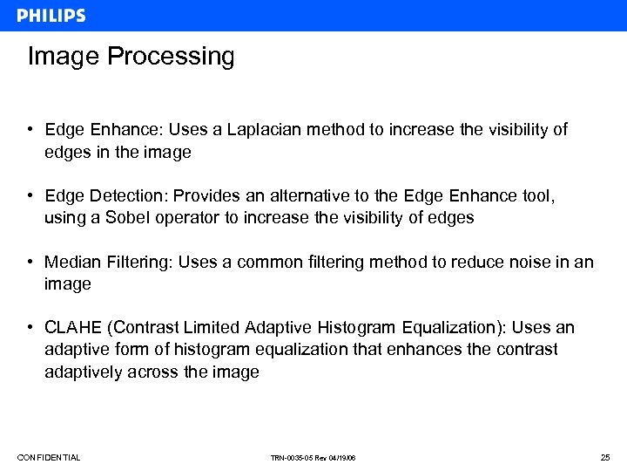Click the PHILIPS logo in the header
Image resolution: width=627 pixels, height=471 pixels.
tap(51, 16)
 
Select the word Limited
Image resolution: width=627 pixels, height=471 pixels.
tap(212, 328)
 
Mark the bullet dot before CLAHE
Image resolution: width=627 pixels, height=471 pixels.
tap(30, 328)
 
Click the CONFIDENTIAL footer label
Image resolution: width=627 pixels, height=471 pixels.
tap(49, 458)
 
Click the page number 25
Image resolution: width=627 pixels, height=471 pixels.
tap(605, 458)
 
